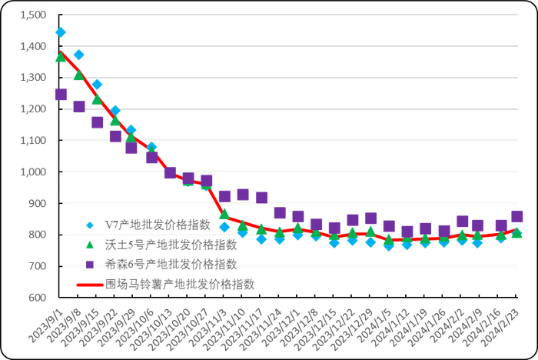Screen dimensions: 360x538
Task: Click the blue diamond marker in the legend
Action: tap(90, 225)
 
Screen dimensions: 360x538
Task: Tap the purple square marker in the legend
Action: tap(90, 264)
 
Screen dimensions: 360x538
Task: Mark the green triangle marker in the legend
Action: tap(90, 245)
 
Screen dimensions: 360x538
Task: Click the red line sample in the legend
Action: tap(90, 284)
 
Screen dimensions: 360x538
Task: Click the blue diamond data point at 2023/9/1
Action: tap(61, 32)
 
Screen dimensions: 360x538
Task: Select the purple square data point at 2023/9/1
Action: tap(61, 95)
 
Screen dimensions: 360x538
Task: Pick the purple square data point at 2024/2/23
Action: tap(517, 217)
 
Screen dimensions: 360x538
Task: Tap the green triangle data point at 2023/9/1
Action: tap(61, 57)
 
